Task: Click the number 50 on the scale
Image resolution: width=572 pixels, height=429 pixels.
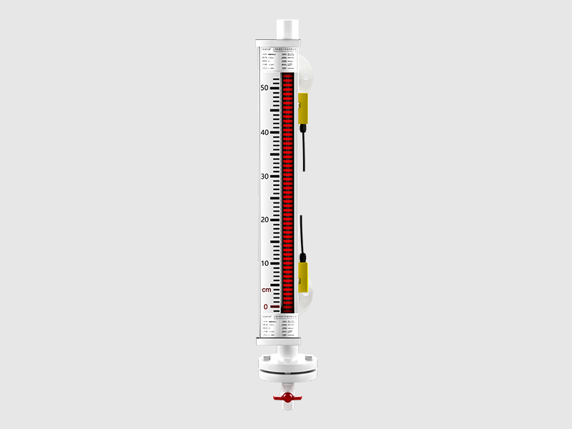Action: pyautogui.click(x=264, y=88)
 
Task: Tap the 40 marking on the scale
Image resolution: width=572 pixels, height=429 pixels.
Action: pyautogui.click(x=264, y=132)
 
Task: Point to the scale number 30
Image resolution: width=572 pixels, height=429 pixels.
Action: pyautogui.click(x=264, y=177)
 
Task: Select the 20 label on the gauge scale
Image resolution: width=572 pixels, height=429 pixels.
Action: pyautogui.click(x=264, y=220)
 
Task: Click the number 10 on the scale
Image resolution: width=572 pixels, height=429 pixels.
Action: pyautogui.click(x=264, y=264)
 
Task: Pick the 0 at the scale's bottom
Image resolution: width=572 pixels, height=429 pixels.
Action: pyautogui.click(x=265, y=307)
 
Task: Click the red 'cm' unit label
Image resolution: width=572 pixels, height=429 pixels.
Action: pyautogui.click(x=266, y=290)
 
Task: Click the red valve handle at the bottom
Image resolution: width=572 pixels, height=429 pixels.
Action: pyautogui.click(x=286, y=395)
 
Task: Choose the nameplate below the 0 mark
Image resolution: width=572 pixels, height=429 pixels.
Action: pyautogui.click(x=280, y=323)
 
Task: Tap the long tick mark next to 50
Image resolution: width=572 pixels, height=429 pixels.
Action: pyautogui.click(x=275, y=89)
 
